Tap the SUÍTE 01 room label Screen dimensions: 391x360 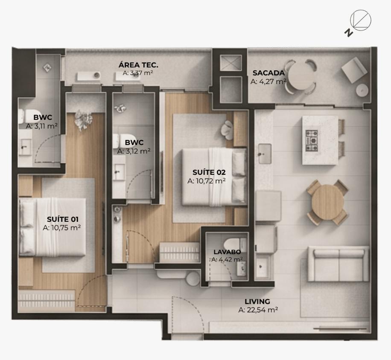(x=63, y=219)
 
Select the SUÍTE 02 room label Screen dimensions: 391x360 (x=209, y=172)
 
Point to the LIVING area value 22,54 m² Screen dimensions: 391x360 (x=258, y=310)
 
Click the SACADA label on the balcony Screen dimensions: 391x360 (x=268, y=73)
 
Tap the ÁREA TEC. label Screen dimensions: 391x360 (x=138, y=65)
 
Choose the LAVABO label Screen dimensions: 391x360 (x=227, y=252)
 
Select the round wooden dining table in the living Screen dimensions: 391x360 (x=327, y=202)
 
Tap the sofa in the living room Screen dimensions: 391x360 (x=338, y=264)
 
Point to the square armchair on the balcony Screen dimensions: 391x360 (x=354, y=70)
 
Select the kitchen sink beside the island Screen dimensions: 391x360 (x=265, y=154)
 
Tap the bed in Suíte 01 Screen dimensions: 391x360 (x=53, y=227)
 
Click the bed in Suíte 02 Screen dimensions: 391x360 (x=214, y=177)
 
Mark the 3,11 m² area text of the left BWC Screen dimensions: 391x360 (x=42, y=126)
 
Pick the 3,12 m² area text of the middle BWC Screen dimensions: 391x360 (x=134, y=151)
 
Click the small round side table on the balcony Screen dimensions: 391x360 (x=362, y=90)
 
